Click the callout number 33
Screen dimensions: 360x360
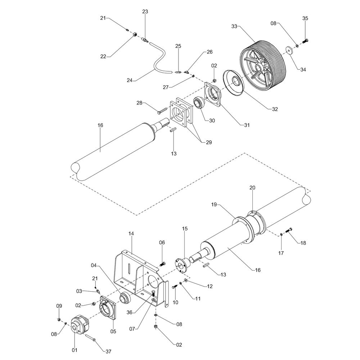[234, 26]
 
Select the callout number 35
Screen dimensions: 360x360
[305, 18]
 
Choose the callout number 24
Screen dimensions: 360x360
[130, 80]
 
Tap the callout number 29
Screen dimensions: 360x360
[209, 142]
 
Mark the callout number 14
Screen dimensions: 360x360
[131, 234]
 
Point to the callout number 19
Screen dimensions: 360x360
[214, 204]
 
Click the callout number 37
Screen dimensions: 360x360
[108, 351]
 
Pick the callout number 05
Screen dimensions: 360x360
[113, 332]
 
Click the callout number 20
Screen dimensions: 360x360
[252, 188]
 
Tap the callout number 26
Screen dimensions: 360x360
[210, 52]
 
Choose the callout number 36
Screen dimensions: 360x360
[130, 312]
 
